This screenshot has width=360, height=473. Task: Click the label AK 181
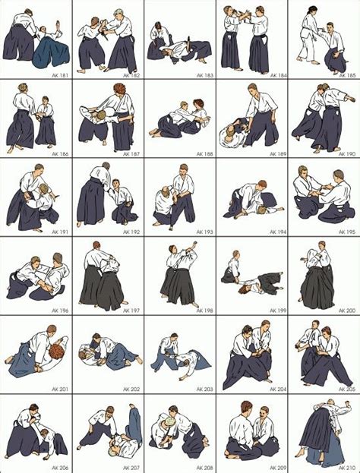click(x=58, y=75)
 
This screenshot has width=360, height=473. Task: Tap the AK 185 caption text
click(x=346, y=75)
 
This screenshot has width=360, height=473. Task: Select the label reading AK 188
click(x=203, y=153)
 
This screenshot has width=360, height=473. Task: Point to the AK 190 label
click(x=346, y=153)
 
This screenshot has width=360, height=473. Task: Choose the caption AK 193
click(x=203, y=232)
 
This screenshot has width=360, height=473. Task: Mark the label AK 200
click(x=346, y=311)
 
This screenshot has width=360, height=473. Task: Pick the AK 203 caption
click(x=203, y=389)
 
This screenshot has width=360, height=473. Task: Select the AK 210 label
click(x=346, y=468)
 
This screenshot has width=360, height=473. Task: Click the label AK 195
click(x=346, y=232)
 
